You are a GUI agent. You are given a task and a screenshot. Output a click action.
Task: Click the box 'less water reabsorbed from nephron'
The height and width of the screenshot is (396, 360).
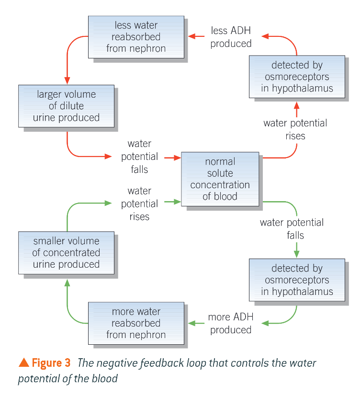click(x=136, y=37)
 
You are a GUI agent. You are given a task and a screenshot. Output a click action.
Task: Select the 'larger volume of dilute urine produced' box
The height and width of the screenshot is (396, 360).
click(x=67, y=106)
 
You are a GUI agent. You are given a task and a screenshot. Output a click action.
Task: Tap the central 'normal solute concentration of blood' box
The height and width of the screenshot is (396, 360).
click(x=220, y=179)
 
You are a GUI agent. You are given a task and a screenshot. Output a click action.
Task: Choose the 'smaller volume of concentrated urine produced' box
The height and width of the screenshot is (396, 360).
click(x=67, y=252)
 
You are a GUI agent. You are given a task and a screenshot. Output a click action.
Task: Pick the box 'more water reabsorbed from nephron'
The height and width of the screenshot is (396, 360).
click(x=136, y=323)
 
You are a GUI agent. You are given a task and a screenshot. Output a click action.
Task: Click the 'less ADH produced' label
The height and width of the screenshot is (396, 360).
click(x=231, y=37)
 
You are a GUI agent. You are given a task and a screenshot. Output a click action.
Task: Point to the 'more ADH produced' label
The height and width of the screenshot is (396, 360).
click(x=231, y=324)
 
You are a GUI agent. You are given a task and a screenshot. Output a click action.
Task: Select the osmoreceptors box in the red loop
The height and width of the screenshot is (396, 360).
click(x=297, y=77)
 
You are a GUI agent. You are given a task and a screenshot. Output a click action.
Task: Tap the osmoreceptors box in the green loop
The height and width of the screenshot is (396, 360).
click(x=297, y=280)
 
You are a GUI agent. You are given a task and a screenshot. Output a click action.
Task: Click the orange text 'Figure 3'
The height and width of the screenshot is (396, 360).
click(x=47, y=363)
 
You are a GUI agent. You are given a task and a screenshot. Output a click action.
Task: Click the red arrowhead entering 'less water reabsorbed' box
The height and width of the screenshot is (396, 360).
click(x=191, y=36)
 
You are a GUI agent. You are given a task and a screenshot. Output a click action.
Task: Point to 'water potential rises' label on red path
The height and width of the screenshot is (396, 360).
click(x=295, y=129)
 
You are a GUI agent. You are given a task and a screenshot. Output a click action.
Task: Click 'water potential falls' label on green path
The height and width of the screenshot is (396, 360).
click(x=292, y=229)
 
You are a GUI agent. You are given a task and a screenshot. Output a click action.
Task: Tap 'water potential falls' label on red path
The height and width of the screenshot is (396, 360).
click(x=139, y=157)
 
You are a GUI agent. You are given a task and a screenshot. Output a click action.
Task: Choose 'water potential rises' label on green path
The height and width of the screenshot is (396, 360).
click(x=139, y=204)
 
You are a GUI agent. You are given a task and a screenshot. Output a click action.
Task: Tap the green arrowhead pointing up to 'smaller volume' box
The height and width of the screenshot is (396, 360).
click(x=67, y=283)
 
